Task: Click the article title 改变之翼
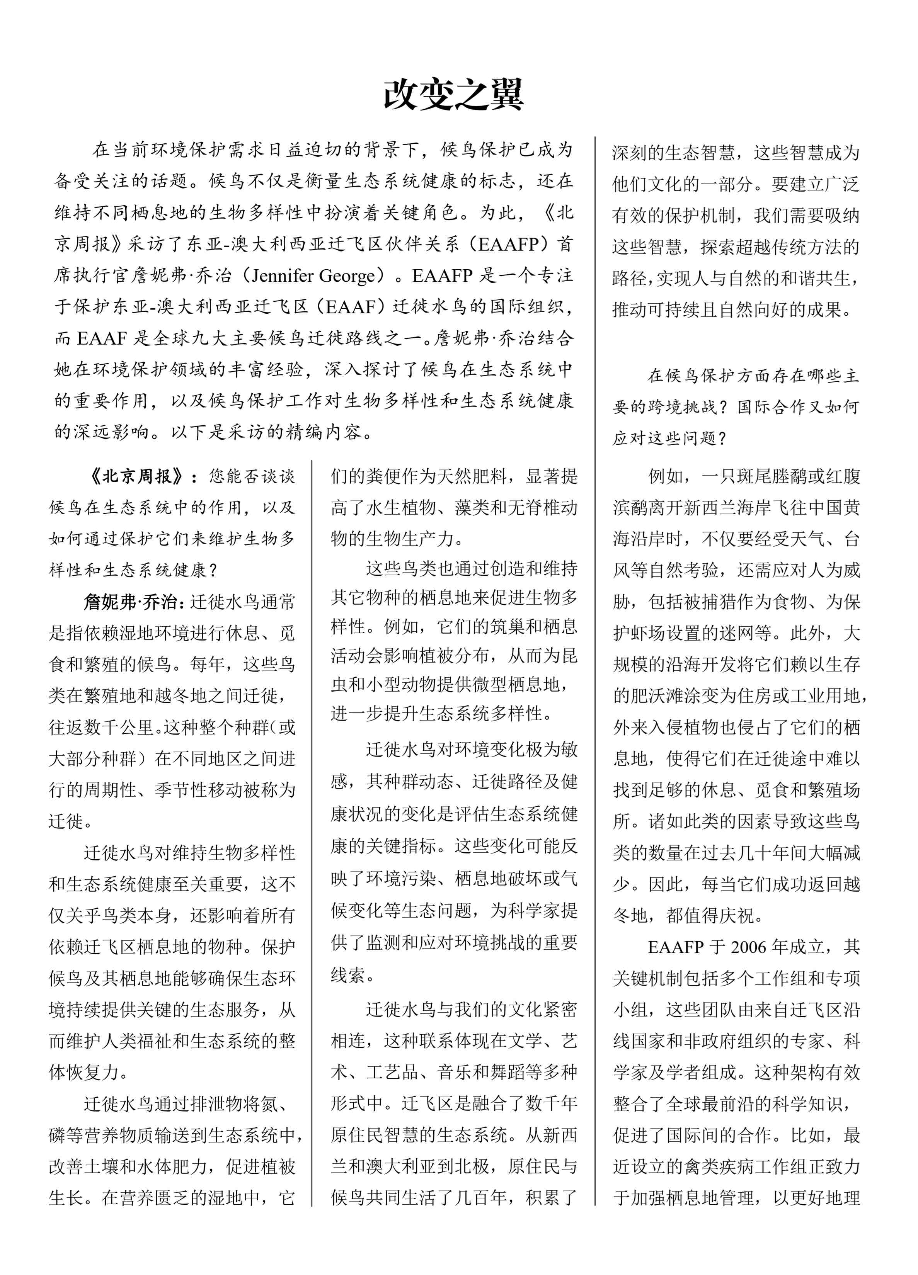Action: pos(453,94)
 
